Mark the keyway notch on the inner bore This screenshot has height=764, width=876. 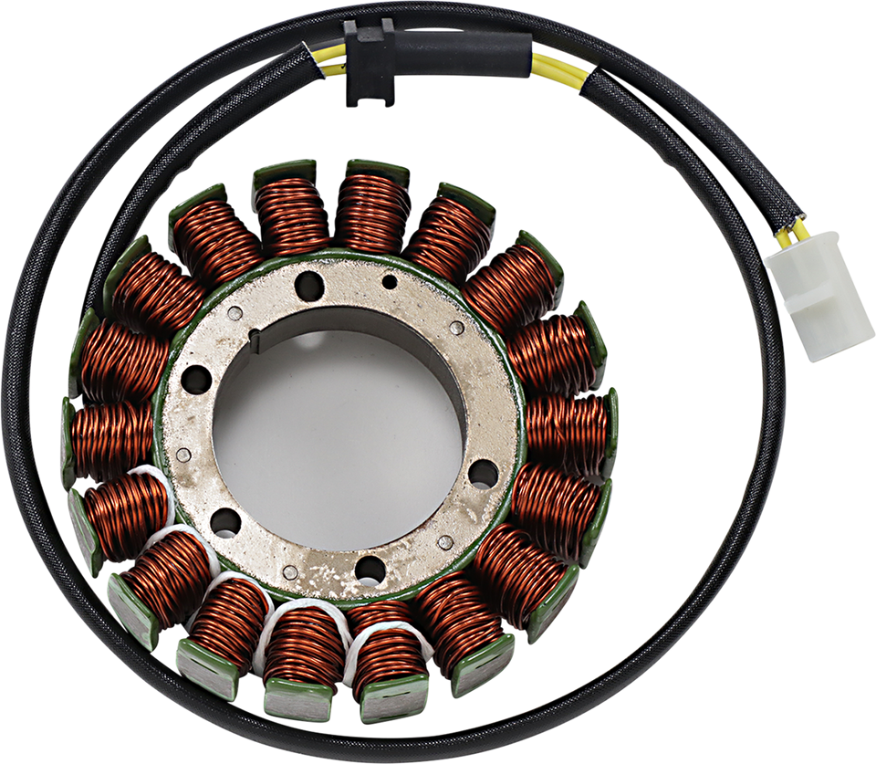tap(258, 343)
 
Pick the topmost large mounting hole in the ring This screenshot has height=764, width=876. tap(308, 283)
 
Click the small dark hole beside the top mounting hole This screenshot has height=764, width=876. tap(390, 281)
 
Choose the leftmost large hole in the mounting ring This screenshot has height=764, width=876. tap(195, 377)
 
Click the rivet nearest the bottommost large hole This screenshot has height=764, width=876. tap(290, 572)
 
